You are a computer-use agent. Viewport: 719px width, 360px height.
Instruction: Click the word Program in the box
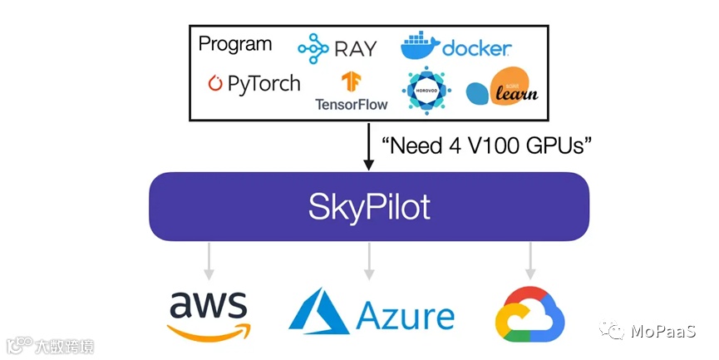click(235, 44)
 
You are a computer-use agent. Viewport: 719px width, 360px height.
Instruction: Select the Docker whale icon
click(419, 47)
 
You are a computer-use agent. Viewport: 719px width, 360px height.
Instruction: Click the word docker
click(476, 49)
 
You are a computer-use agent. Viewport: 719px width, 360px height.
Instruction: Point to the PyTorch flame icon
click(215, 83)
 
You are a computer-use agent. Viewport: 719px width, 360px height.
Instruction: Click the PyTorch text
click(263, 84)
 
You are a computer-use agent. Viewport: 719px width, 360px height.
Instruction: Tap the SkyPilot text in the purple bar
click(369, 205)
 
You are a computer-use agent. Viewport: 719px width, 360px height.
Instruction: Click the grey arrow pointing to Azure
click(368, 261)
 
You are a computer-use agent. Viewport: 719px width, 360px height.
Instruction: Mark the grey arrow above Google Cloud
click(529, 261)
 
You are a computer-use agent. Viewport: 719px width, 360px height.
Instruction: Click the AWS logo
click(208, 316)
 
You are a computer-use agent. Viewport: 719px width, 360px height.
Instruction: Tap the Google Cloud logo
click(529, 317)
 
